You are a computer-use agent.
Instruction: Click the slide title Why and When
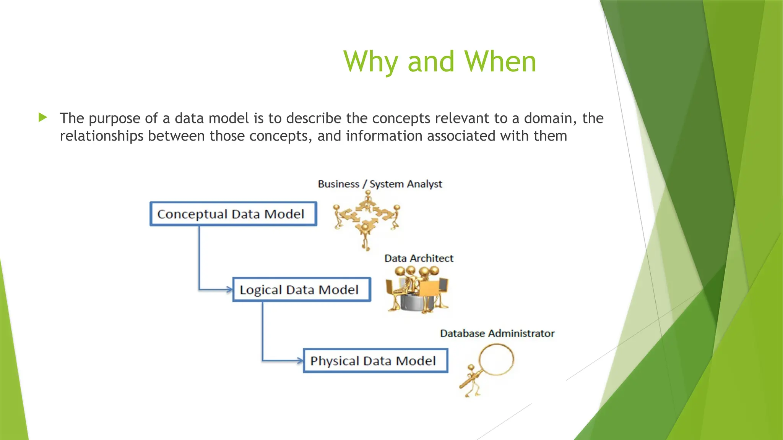[x=440, y=61]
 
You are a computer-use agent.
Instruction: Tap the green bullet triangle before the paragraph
[x=42, y=117]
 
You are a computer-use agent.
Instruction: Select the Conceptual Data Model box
[x=233, y=214]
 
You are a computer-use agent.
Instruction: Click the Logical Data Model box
[x=302, y=290]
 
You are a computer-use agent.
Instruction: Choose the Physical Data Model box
[x=375, y=361]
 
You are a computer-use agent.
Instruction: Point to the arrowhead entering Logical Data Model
[x=229, y=290]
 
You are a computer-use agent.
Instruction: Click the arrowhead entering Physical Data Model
[x=300, y=360]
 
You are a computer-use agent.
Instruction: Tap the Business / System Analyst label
[x=380, y=184]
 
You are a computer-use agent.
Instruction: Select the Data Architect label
[x=419, y=259]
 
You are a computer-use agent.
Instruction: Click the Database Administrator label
[x=497, y=333]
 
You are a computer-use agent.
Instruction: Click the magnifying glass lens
[x=496, y=359]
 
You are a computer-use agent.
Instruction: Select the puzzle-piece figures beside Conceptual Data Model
[x=366, y=220]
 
